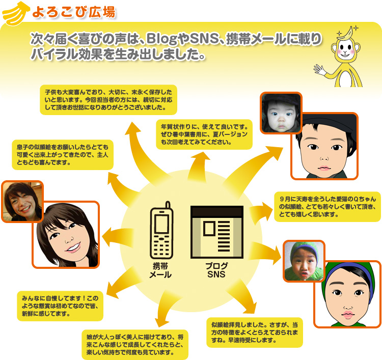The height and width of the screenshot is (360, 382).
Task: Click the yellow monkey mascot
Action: pos(346,56)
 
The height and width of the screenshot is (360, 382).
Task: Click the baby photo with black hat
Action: pos(281,113)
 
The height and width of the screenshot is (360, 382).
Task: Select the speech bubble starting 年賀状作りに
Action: pos(204,134)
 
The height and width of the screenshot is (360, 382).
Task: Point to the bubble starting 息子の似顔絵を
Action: pos(62,155)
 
